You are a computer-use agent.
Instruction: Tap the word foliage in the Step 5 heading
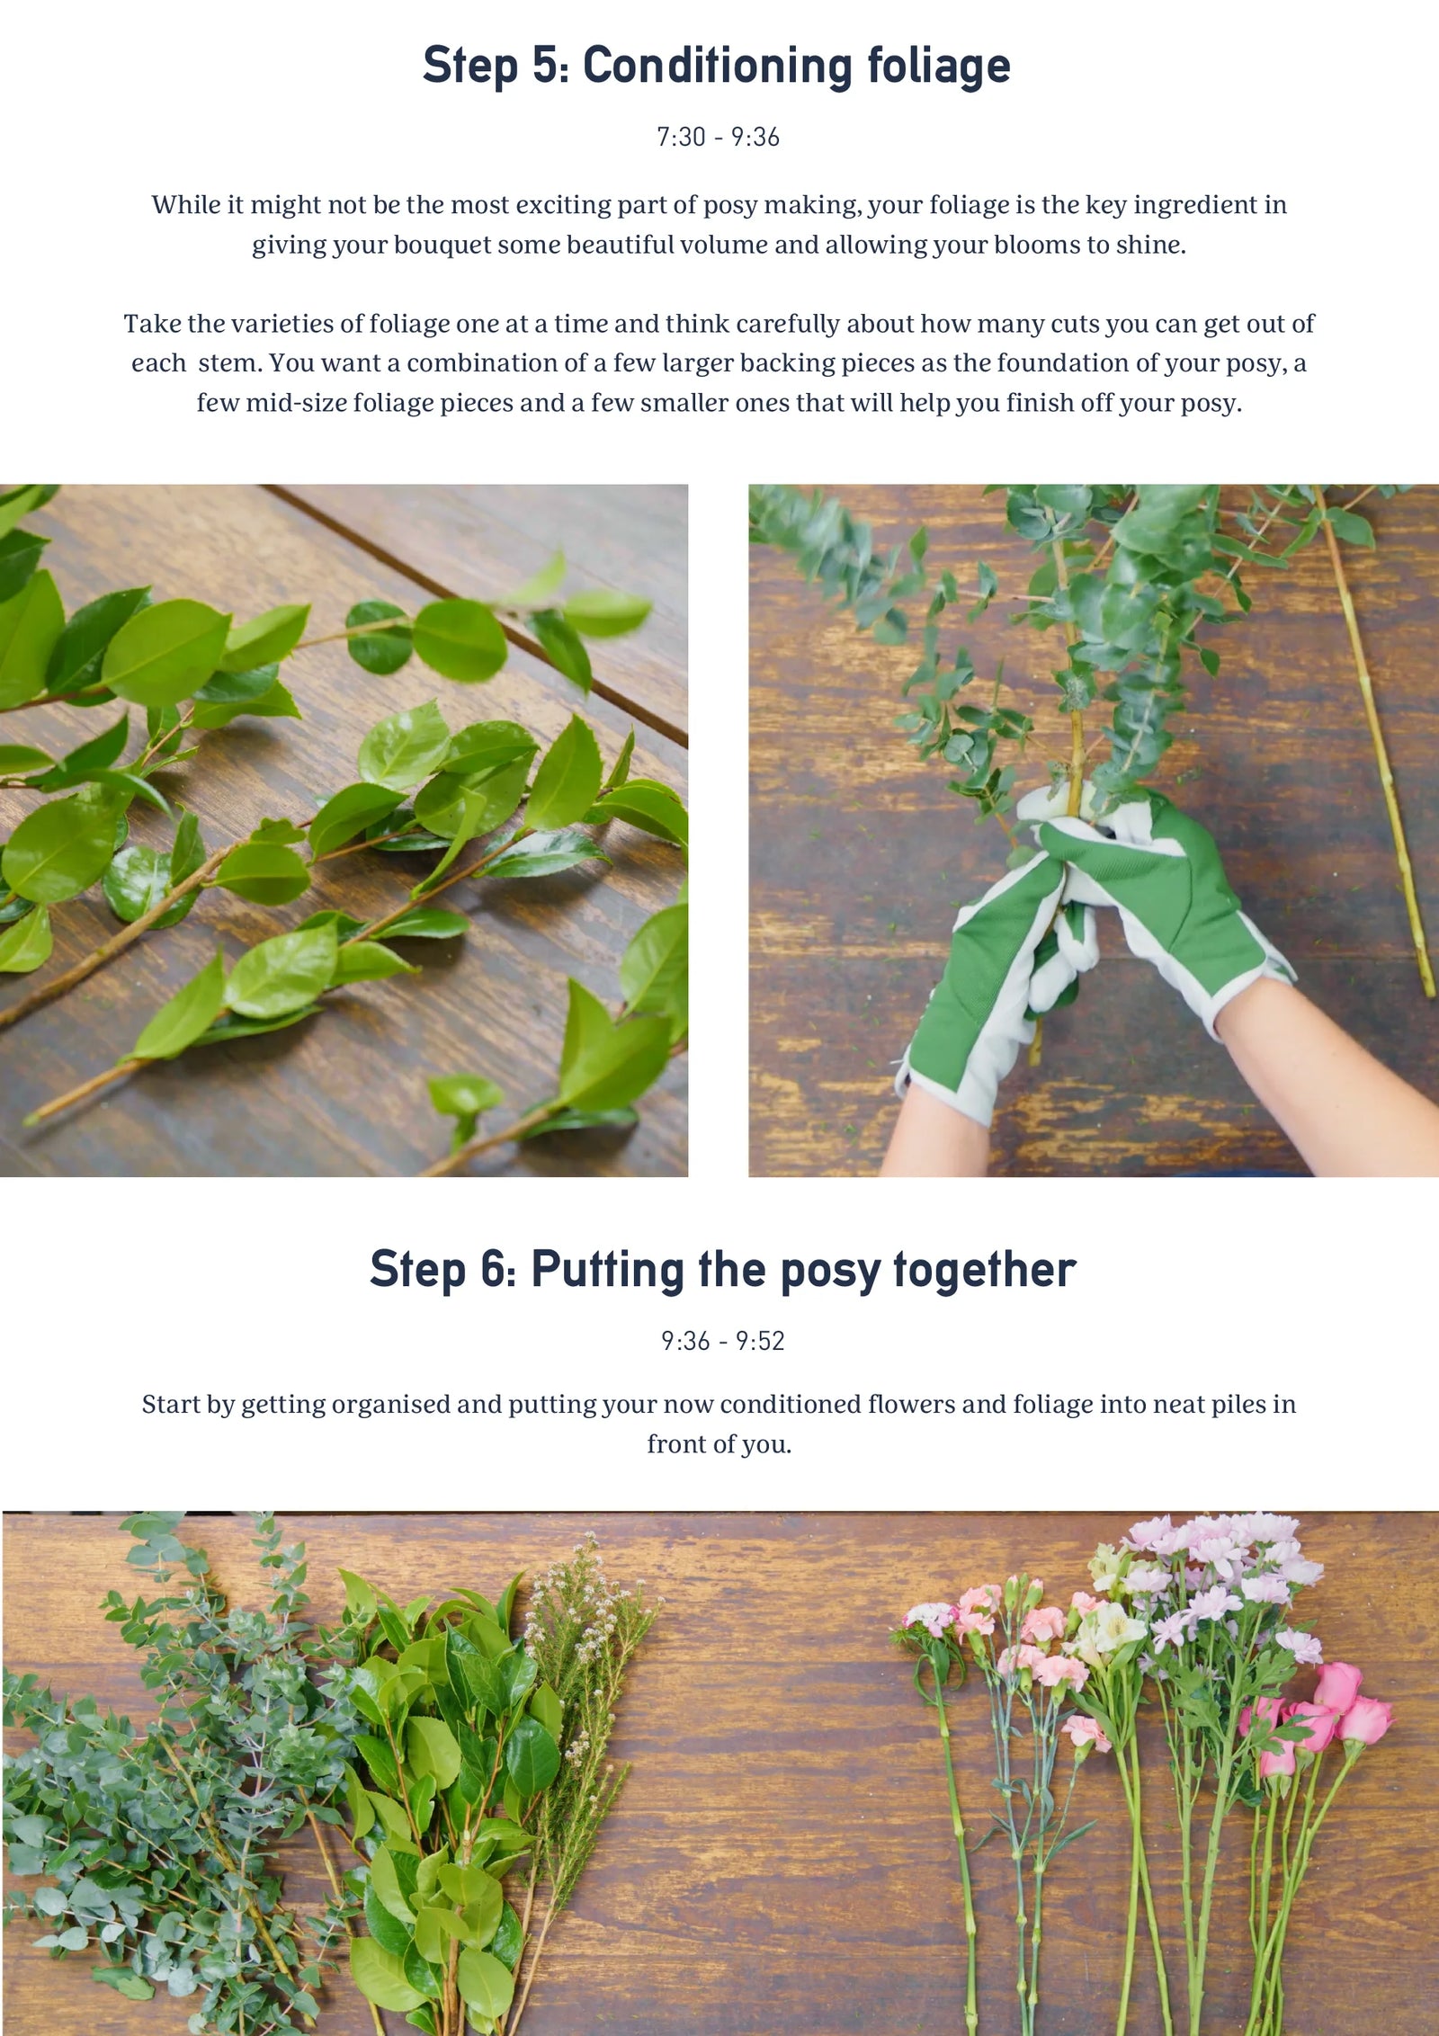(939, 67)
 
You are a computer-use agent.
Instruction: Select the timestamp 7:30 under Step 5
(681, 137)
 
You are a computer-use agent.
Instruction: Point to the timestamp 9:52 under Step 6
(760, 1341)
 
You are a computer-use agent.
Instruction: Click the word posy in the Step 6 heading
(830, 1272)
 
